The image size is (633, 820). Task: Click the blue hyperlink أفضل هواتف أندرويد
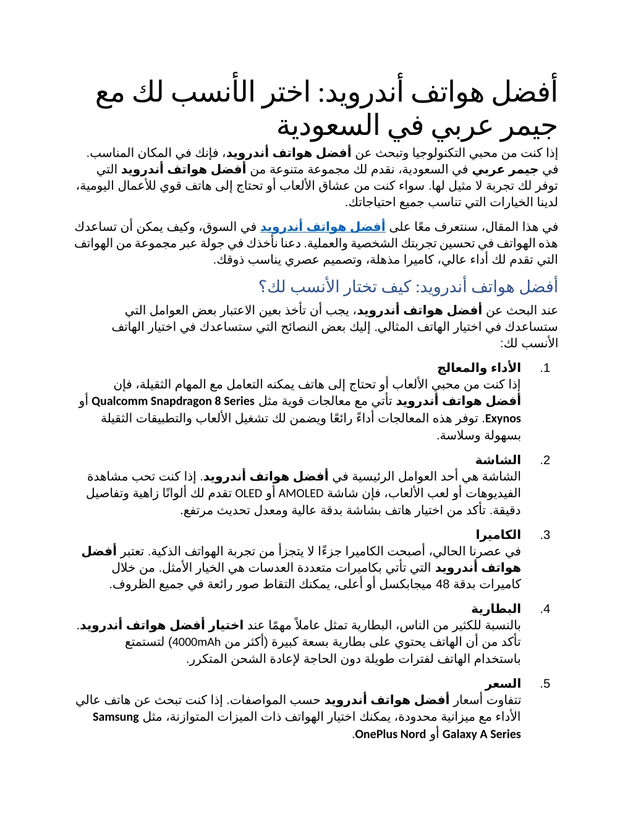click(323, 227)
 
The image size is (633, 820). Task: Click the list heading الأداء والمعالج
click(479, 368)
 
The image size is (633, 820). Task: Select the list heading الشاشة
click(498, 460)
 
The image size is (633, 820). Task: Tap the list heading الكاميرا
click(498, 535)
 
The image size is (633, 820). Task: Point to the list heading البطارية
click(496, 609)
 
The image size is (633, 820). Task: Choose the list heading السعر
click(503, 684)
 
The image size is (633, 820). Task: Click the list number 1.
click(545, 369)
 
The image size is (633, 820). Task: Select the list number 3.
click(545, 535)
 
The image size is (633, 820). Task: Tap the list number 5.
click(545, 684)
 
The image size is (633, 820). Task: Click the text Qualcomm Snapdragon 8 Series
click(173, 401)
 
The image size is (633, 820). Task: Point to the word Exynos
click(503, 419)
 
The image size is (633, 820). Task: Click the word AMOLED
click(301, 494)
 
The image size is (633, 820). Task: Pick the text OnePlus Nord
click(390, 735)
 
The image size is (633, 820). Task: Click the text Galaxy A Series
click(482, 735)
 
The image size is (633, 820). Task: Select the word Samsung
click(116, 717)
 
